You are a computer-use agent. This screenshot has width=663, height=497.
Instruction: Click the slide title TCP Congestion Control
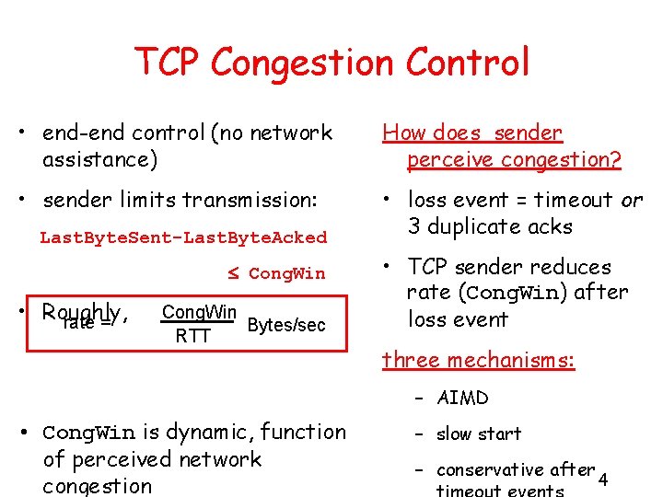[332, 63]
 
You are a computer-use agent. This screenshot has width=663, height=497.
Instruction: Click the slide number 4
[603, 480]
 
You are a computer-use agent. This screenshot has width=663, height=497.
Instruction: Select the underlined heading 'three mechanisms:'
[478, 360]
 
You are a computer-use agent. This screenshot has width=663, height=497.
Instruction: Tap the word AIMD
[463, 398]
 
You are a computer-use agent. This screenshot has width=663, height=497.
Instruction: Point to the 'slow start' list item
[479, 433]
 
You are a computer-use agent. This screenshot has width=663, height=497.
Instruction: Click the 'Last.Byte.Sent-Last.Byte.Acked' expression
[183, 237]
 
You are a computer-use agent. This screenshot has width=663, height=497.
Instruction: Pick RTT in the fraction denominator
[193, 336]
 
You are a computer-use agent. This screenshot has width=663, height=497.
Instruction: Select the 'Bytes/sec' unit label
[286, 326]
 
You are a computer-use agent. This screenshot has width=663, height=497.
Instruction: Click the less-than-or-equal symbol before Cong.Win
[234, 273]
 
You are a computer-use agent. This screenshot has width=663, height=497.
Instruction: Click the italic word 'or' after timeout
[632, 200]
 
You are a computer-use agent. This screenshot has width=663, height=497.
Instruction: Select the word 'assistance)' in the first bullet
[99, 159]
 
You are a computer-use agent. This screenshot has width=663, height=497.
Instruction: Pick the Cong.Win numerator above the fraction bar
[199, 311]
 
